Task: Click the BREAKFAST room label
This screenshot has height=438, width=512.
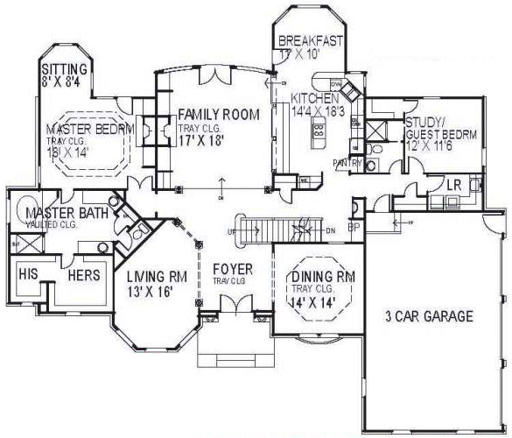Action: (310, 41)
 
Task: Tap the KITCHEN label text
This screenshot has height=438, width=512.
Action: (316, 97)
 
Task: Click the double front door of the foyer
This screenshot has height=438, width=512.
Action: (232, 307)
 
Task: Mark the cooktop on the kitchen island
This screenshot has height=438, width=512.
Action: (317, 136)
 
